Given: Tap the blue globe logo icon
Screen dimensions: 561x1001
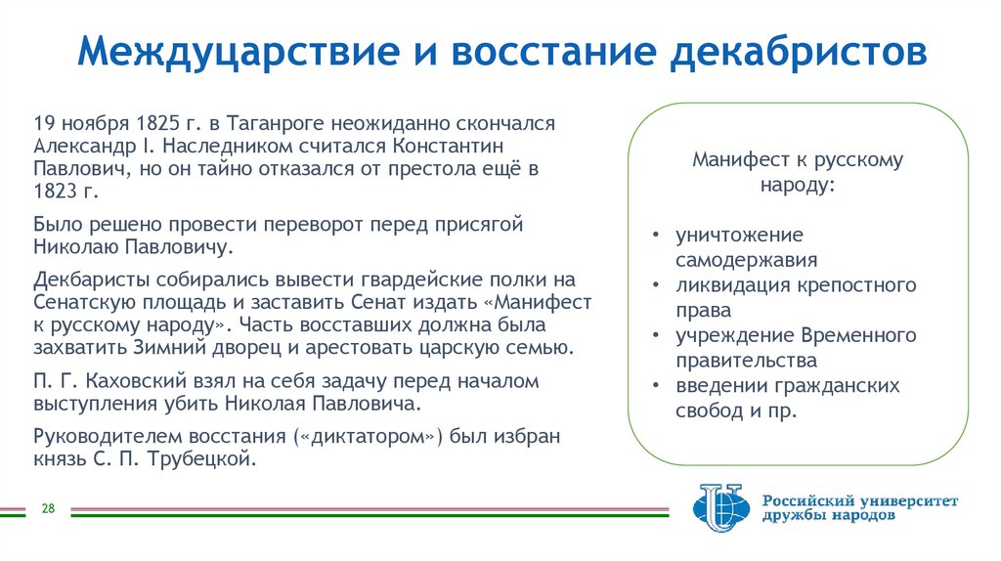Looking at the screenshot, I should [718, 509].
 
